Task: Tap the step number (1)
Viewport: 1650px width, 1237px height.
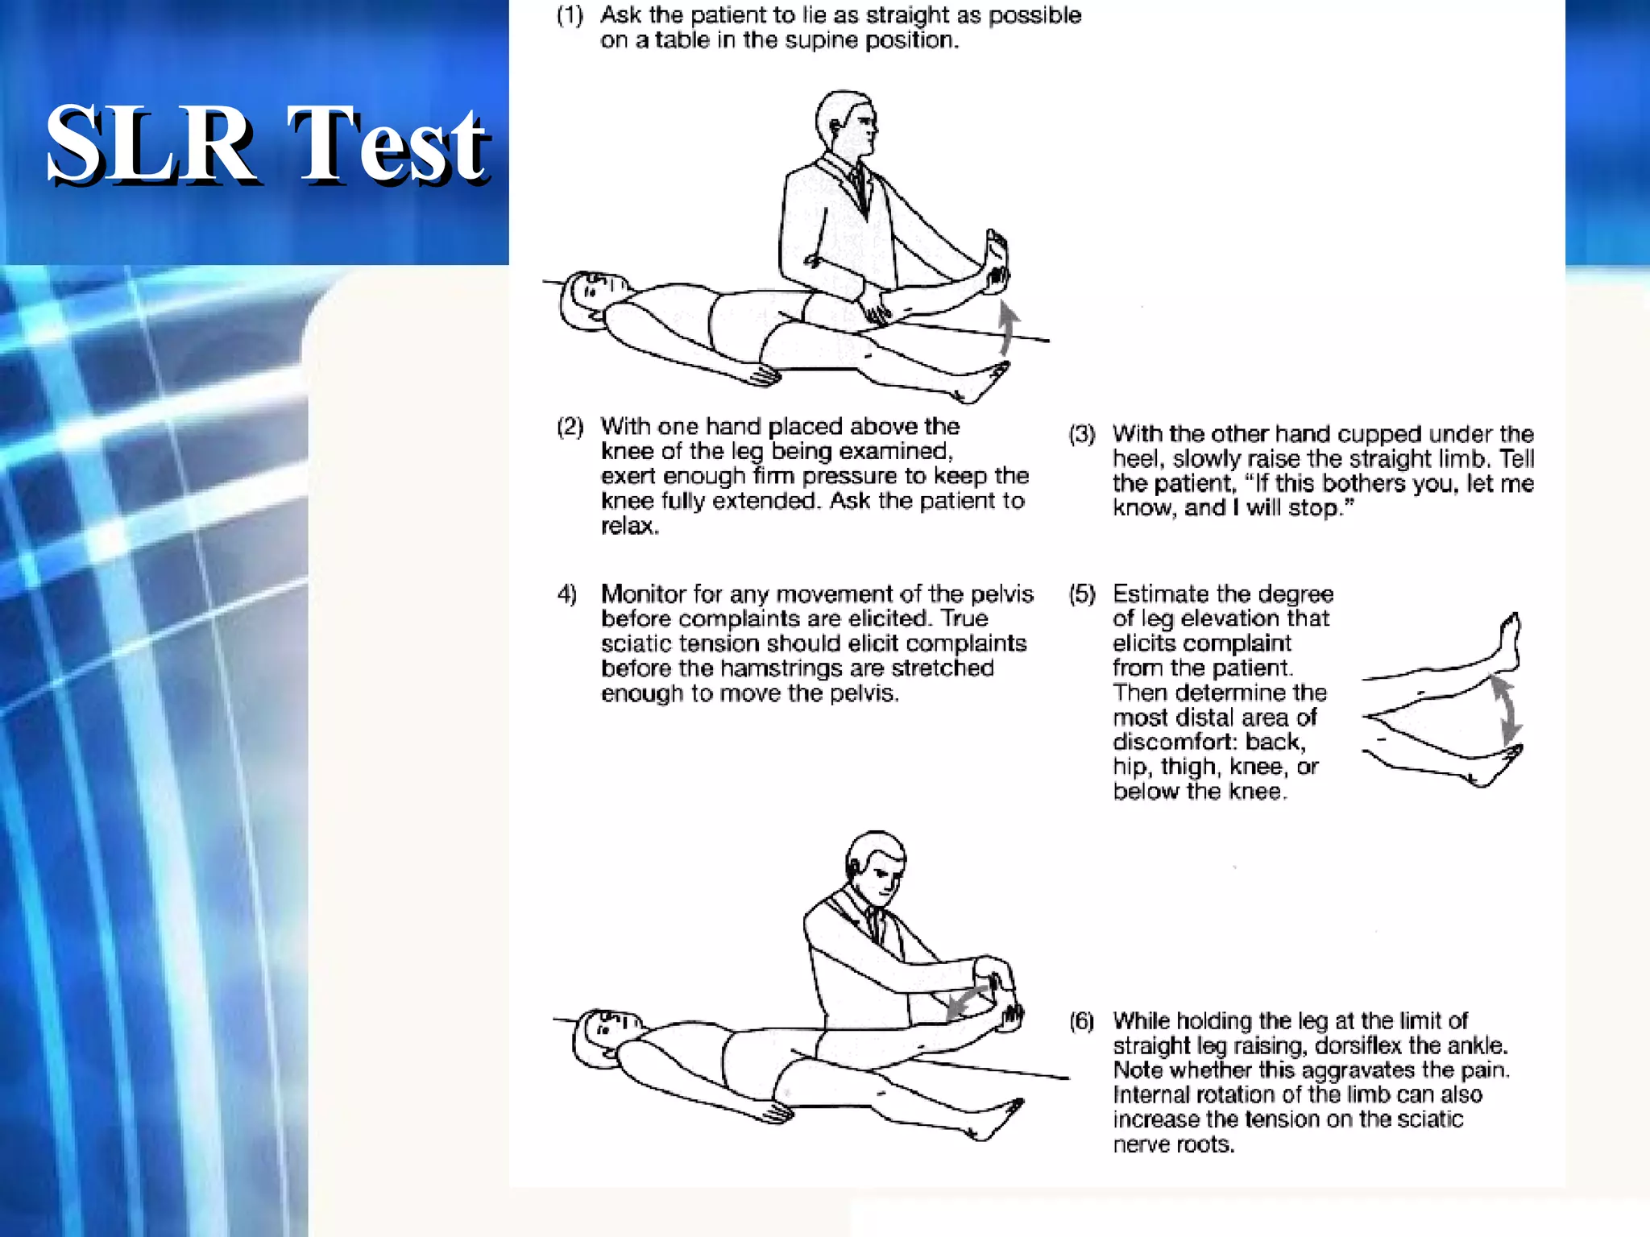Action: point(570,15)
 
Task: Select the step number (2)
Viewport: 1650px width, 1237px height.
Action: point(570,426)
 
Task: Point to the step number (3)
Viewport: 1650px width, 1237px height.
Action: point(1082,434)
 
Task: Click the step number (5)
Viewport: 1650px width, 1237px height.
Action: point(1082,594)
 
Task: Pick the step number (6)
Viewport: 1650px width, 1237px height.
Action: point(1082,1021)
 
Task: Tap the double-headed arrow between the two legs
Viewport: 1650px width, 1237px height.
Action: point(1505,709)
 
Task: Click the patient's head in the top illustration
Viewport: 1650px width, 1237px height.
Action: point(594,300)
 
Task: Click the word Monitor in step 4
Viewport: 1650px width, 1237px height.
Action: point(644,594)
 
